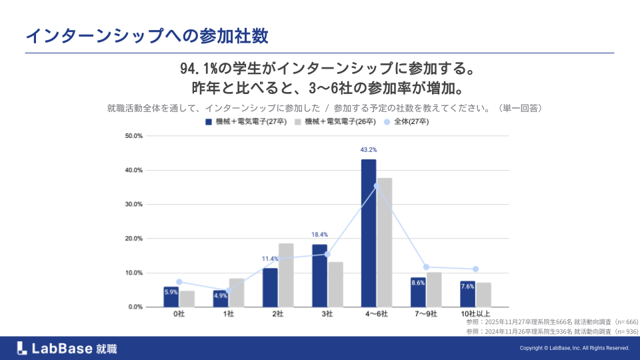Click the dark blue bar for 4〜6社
369,233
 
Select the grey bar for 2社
286,275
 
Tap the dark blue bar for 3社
319,276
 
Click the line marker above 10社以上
475,269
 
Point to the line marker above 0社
179,282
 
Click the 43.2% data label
369,150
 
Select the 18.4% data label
319,235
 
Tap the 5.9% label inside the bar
171,292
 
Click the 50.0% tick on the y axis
134,136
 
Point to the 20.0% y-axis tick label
134,239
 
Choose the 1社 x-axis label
229,313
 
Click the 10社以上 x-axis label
475,313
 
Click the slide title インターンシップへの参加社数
147,36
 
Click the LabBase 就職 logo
67,347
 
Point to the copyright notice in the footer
574,348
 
